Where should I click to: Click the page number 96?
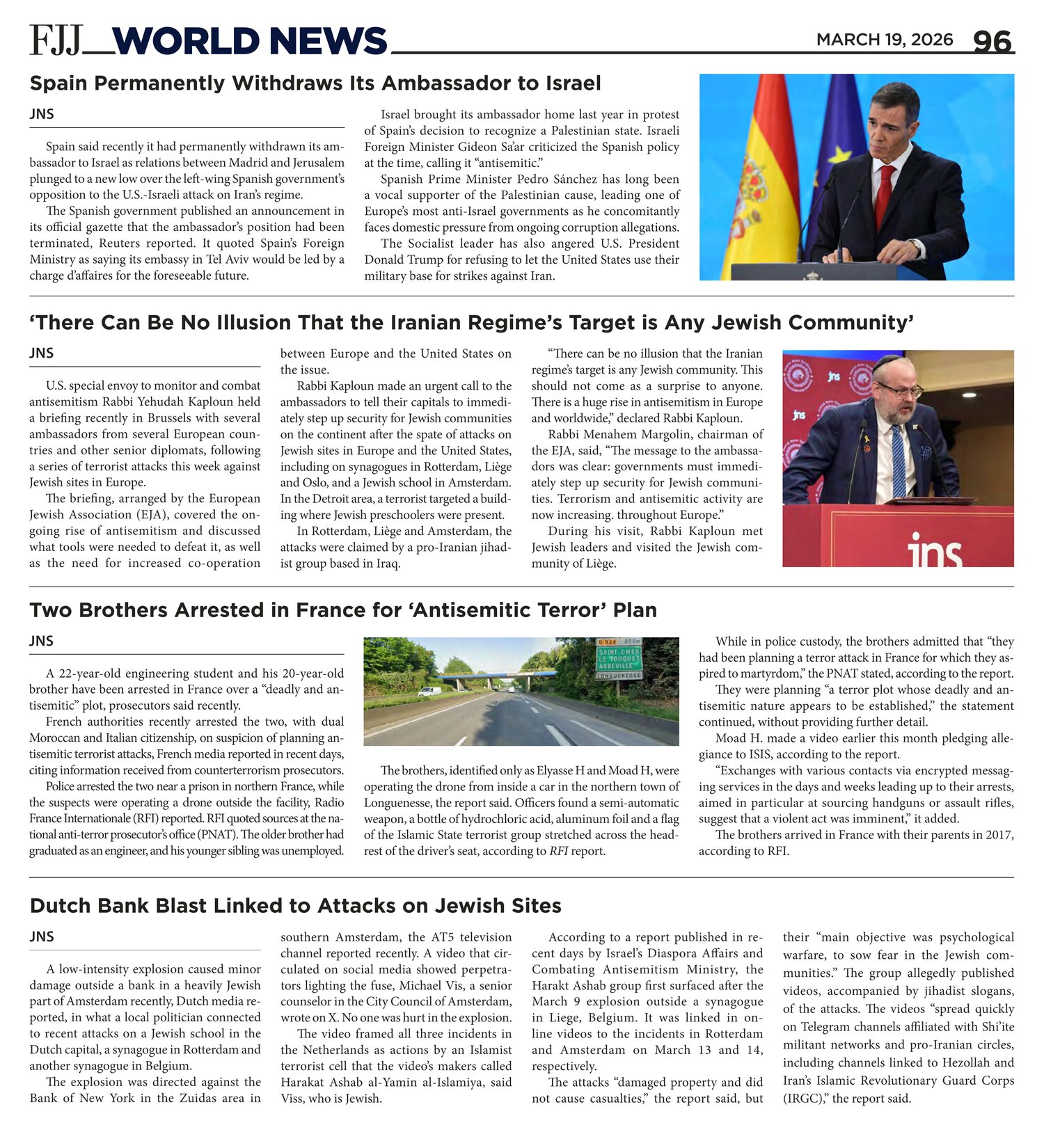click(x=992, y=42)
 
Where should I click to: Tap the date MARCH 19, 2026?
click(x=884, y=40)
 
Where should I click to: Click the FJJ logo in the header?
click(x=56, y=40)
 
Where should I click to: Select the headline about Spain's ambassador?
click(x=315, y=83)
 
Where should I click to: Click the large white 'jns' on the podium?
click(x=935, y=552)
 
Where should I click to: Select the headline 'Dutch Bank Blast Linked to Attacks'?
click(x=295, y=906)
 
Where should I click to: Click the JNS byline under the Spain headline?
click(x=42, y=114)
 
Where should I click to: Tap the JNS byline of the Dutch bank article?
click(x=42, y=936)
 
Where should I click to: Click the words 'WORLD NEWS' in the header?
click(x=248, y=41)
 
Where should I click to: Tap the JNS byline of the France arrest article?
click(x=42, y=641)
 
